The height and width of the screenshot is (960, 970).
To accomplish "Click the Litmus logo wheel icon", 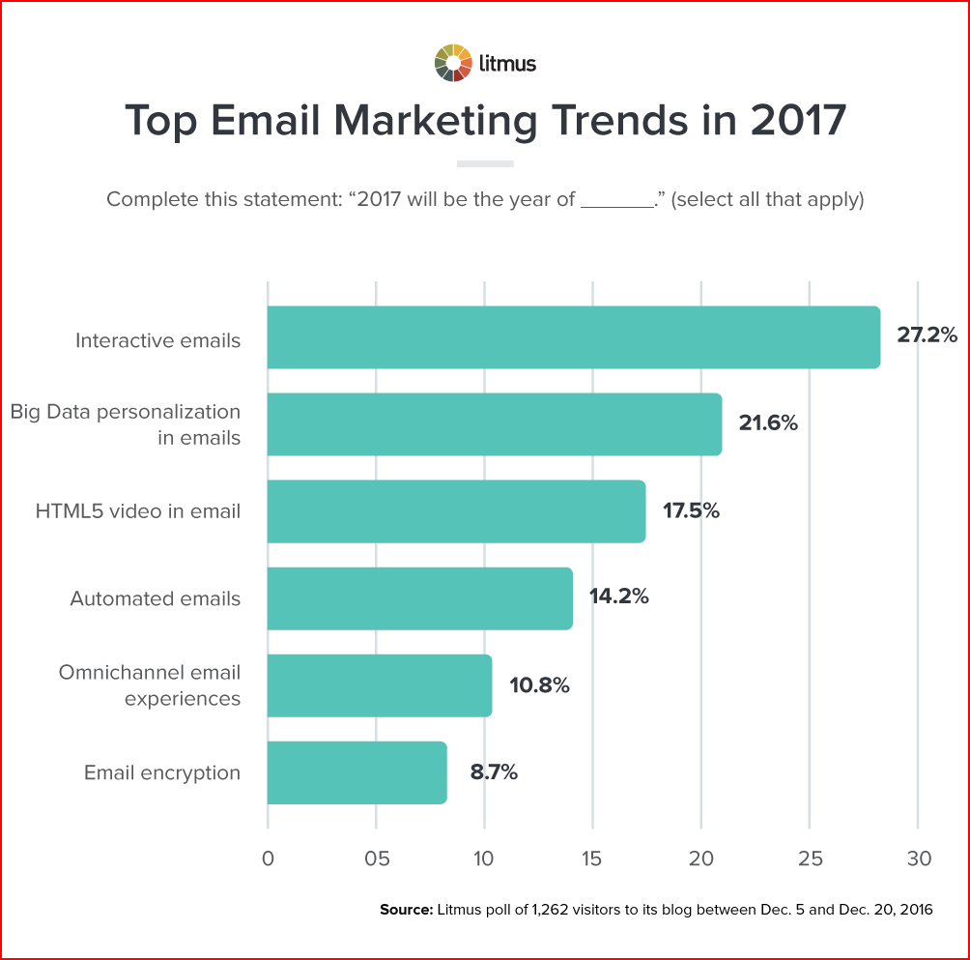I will [453, 63].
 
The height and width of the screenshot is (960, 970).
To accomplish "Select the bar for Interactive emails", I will [573, 337].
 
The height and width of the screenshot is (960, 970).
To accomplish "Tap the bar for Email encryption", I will [357, 772].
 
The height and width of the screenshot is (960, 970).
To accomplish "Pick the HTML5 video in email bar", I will [456, 511].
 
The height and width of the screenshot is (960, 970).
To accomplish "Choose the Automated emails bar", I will [419, 598].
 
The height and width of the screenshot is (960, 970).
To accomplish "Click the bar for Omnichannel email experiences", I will [379, 685].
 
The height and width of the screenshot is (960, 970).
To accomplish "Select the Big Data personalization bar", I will [494, 424].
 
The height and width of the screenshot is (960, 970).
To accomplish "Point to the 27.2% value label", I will [927, 336].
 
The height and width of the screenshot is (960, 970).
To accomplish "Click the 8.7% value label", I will [494, 772].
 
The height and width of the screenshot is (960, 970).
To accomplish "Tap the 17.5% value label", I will [691, 511].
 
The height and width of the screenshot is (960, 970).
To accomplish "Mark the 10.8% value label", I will [539, 685].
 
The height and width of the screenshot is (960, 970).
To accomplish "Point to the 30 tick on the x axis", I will [918, 858].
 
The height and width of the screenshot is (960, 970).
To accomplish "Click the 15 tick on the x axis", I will [592, 858].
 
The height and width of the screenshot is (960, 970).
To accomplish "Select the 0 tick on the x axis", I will [268, 858].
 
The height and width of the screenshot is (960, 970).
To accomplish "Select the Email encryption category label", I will [162, 772].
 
